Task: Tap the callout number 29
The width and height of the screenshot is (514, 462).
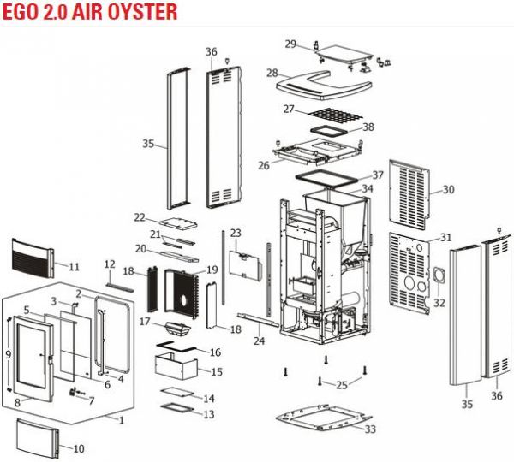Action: [290, 44]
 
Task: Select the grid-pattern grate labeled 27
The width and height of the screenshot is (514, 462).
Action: [335, 116]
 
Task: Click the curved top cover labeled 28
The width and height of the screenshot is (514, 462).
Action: [324, 86]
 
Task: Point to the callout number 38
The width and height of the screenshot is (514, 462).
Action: [368, 127]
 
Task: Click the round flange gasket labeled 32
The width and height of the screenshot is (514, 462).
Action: [439, 275]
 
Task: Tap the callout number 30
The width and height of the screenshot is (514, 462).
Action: [448, 189]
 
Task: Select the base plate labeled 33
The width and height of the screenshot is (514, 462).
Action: [324, 417]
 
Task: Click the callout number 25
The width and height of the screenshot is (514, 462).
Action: [342, 385]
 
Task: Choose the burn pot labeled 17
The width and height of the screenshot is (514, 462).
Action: [178, 328]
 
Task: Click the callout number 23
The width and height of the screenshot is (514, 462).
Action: [236, 233]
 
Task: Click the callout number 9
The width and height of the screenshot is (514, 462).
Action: [9, 354]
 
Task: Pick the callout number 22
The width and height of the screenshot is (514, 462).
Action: [140, 217]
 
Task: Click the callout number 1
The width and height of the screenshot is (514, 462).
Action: [122, 420]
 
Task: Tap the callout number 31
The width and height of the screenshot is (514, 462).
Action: [445, 237]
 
